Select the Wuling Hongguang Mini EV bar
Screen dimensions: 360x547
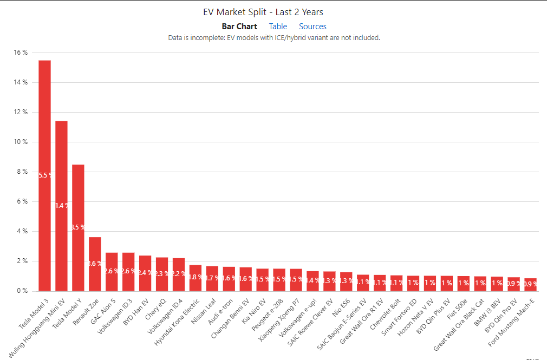(x=61, y=206)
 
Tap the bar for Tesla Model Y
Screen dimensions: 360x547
(x=78, y=227)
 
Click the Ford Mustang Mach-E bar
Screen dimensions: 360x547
(x=531, y=285)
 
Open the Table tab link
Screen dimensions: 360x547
(x=278, y=27)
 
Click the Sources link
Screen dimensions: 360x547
(x=312, y=27)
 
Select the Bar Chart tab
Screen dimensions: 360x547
(x=239, y=27)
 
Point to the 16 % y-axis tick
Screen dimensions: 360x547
(x=21, y=53)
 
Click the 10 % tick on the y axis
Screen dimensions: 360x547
(x=21, y=142)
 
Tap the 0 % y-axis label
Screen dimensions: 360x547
(x=22, y=291)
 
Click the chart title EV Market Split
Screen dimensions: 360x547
(x=263, y=12)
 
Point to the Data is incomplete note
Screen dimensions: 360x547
(x=274, y=38)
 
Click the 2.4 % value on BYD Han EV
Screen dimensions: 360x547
(x=145, y=272)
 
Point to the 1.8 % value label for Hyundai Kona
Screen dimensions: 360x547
(x=196, y=277)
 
